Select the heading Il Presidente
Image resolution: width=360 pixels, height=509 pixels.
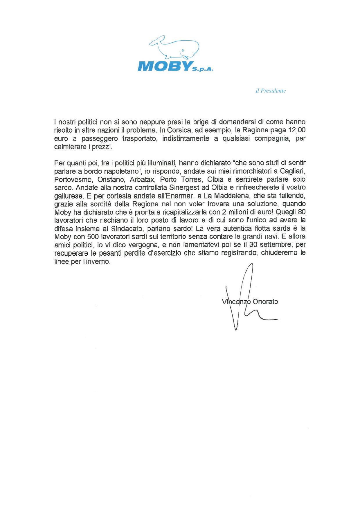click(271, 91)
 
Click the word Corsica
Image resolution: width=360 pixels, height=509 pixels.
click(176, 130)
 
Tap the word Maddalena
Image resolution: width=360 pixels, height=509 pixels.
click(231, 196)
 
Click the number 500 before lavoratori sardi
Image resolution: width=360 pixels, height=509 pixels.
click(93, 237)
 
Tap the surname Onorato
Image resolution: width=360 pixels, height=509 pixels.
click(265, 302)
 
